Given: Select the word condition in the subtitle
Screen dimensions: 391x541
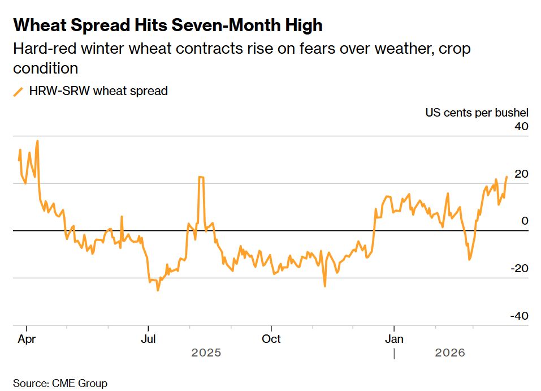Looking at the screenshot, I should [x=45, y=68].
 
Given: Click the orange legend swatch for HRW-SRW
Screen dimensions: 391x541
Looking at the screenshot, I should [x=19, y=91].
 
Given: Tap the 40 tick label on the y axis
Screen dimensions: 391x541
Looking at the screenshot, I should [x=521, y=126].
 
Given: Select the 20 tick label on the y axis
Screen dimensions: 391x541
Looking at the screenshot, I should [x=521, y=174].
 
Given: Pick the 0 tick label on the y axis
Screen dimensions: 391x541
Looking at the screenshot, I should [x=525, y=221].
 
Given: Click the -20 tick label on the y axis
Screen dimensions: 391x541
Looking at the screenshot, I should [x=519, y=268].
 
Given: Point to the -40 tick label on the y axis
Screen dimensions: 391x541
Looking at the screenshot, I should [x=519, y=316].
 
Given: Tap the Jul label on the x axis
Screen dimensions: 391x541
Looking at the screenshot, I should [x=148, y=340].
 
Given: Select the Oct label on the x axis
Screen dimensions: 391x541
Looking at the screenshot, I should [x=271, y=340].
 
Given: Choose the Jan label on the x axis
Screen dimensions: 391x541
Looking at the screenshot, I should [x=394, y=340].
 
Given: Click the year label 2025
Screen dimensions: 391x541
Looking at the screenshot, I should [x=206, y=353].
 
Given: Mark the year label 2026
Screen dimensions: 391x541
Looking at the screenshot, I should [x=450, y=353].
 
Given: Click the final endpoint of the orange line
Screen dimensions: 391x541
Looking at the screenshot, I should [x=507, y=177].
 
